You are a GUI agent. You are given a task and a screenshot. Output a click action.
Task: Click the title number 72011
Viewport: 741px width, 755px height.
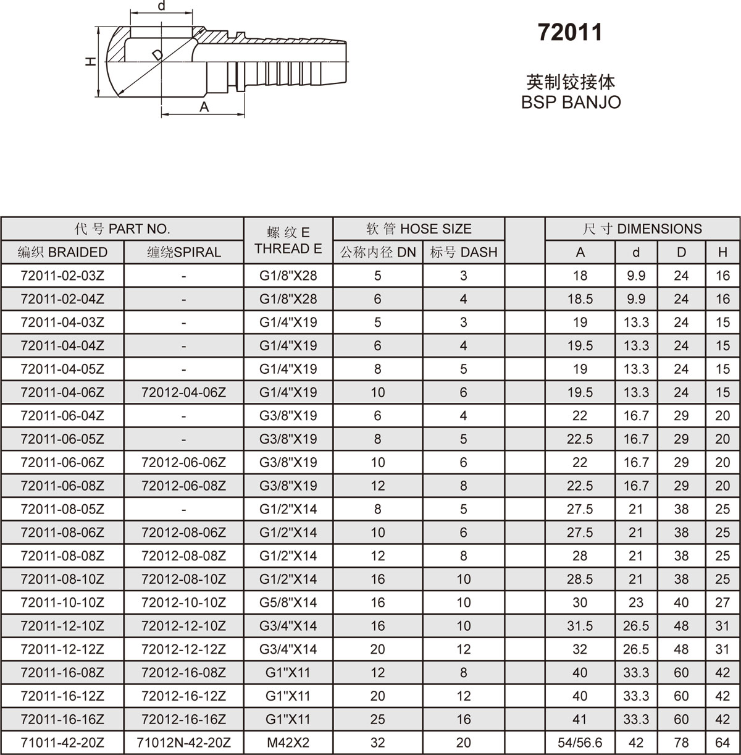pos(569,32)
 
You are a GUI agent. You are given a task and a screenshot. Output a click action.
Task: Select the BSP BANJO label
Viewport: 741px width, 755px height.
pos(571,102)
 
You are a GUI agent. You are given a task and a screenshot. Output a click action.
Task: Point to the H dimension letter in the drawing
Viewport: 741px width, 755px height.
pos(91,61)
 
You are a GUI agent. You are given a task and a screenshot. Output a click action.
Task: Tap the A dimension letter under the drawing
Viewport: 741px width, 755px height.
pos(204,108)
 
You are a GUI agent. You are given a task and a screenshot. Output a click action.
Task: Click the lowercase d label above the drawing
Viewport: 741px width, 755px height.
pos(162,6)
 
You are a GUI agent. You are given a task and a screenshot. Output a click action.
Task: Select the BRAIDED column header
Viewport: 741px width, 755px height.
pos(62,252)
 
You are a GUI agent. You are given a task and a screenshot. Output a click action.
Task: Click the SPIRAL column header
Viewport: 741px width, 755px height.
pos(184,252)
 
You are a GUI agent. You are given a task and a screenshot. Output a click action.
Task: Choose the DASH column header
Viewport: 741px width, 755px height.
pos(464,252)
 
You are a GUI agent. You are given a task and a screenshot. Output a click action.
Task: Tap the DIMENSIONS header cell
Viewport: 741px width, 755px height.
pos(642,229)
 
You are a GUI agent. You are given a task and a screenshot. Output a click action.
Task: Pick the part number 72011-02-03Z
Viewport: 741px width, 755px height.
pos(62,276)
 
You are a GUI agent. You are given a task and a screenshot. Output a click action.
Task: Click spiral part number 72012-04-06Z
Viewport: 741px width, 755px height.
pos(184,392)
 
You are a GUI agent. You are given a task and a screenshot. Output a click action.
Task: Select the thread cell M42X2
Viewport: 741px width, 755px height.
pos(288,743)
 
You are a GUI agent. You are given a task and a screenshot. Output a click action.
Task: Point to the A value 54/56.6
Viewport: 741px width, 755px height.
pos(580,743)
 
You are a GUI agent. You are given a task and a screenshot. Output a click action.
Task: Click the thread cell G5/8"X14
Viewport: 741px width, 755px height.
pos(288,602)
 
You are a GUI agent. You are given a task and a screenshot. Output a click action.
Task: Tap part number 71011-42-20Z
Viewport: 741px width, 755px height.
pos(62,743)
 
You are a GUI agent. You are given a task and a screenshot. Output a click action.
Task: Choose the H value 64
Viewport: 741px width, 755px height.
pos(722,743)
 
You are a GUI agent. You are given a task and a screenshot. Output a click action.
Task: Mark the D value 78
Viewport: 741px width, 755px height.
pos(681,743)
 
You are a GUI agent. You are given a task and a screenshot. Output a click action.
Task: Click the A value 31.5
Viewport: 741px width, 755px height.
pos(580,626)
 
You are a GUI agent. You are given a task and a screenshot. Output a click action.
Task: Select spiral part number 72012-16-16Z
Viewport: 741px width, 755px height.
pos(184,719)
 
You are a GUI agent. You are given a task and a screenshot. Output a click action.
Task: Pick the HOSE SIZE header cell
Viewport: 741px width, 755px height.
pos(419,229)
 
